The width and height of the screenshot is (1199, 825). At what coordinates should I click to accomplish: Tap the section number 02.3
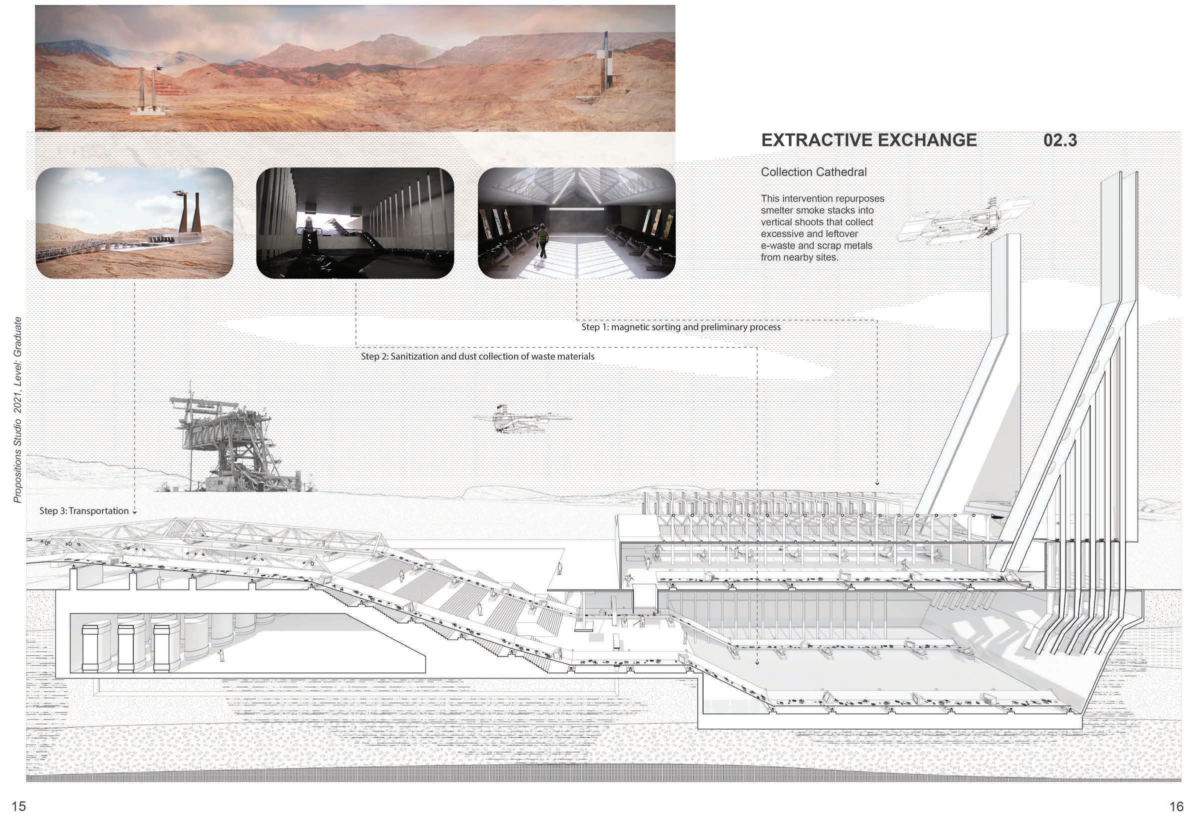(x=1060, y=140)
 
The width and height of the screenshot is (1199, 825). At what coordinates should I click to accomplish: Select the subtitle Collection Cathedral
(x=814, y=172)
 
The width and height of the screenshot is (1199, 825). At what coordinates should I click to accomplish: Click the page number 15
(x=18, y=806)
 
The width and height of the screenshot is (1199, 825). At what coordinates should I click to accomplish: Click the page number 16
(x=1177, y=806)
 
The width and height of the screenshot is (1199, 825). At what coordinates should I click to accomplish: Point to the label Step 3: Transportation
(x=84, y=511)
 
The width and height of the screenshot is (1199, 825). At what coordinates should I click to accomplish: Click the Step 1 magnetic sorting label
(x=681, y=327)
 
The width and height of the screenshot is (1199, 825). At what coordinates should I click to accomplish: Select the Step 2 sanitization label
(x=477, y=356)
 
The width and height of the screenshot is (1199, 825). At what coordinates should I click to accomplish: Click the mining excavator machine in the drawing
(x=227, y=444)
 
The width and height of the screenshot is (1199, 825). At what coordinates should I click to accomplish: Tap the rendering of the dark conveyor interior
(x=355, y=223)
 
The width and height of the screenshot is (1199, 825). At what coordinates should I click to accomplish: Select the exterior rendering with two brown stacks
(x=134, y=223)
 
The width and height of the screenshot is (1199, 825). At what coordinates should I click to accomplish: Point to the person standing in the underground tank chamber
(x=221, y=655)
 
